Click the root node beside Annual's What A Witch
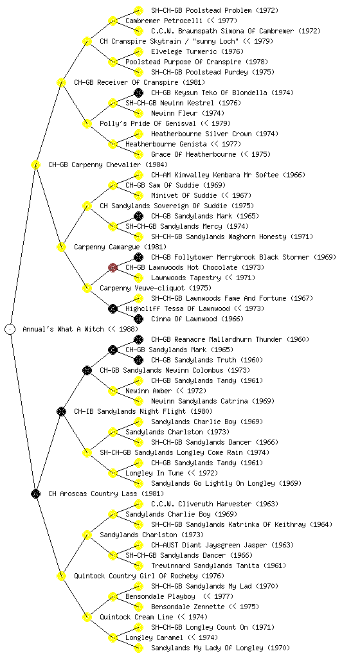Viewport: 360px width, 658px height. click(10, 329)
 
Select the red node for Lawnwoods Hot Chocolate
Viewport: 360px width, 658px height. click(113, 267)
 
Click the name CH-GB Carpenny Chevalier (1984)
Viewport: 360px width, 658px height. click(108, 164)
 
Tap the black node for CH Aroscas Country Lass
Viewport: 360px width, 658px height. click(35, 493)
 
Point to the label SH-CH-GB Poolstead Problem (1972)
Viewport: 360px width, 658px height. click(215, 10)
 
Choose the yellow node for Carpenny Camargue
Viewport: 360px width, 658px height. click(61, 247)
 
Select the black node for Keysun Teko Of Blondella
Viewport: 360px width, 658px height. click(138, 93)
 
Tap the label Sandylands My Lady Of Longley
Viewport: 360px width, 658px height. click(207, 648)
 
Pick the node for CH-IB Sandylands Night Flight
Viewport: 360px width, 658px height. click(61, 411)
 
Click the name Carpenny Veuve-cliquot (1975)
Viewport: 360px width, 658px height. click(155, 288)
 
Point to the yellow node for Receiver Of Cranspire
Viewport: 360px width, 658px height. click(61, 82)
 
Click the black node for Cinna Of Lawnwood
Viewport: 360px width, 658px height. click(138, 319)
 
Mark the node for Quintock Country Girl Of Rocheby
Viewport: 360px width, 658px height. click(61, 576)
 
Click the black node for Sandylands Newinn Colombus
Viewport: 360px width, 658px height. click(87, 370)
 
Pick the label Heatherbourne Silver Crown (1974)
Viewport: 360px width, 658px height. click(214, 134)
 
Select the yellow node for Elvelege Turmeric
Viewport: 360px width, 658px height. click(138, 51)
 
